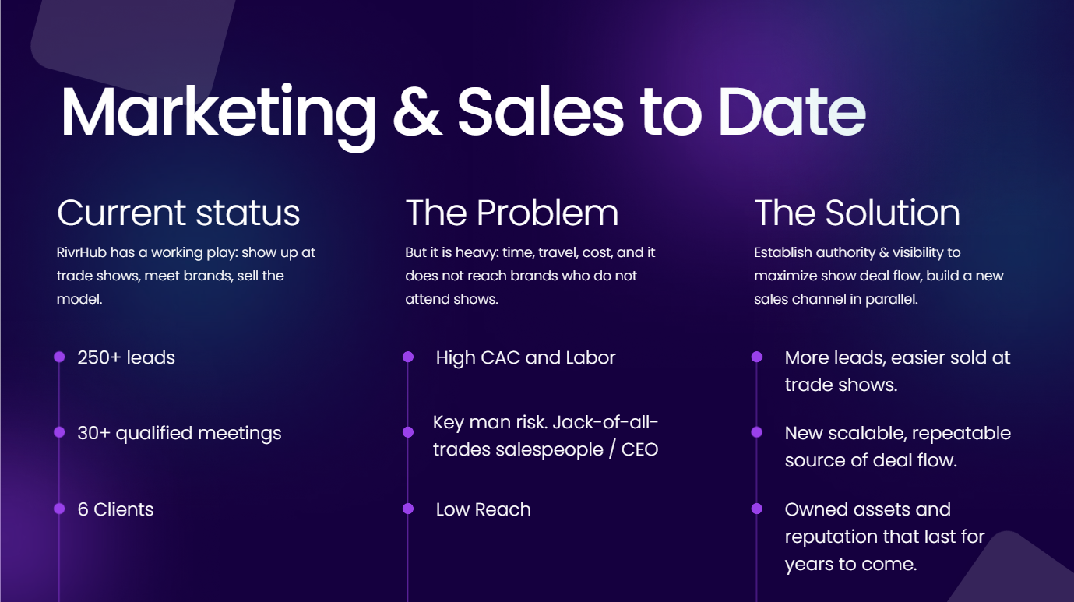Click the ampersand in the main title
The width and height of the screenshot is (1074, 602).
tap(417, 112)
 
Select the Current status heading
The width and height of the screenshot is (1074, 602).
tap(178, 213)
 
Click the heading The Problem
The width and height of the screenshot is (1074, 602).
tap(512, 213)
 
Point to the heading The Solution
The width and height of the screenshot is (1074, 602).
tap(857, 213)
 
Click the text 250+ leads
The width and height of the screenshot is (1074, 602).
tap(126, 357)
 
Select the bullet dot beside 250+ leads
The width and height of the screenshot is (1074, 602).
tap(59, 357)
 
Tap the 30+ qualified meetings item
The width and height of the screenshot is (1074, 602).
tap(179, 433)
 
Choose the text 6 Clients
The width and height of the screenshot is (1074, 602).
tap(115, 509)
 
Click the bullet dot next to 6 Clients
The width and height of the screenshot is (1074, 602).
tap(59, 509)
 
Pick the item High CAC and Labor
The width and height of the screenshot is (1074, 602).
tap(526, 357)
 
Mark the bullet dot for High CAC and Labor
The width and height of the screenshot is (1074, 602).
tap(408, 357)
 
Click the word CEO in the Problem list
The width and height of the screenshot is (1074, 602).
tap(639, 450)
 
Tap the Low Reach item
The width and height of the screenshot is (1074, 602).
tap(483, 509)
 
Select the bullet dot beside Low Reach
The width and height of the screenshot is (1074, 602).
tap(408, 509)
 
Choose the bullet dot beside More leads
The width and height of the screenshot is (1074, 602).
tap(756, 357)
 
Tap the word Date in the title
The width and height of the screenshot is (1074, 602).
tap(791, 112)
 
